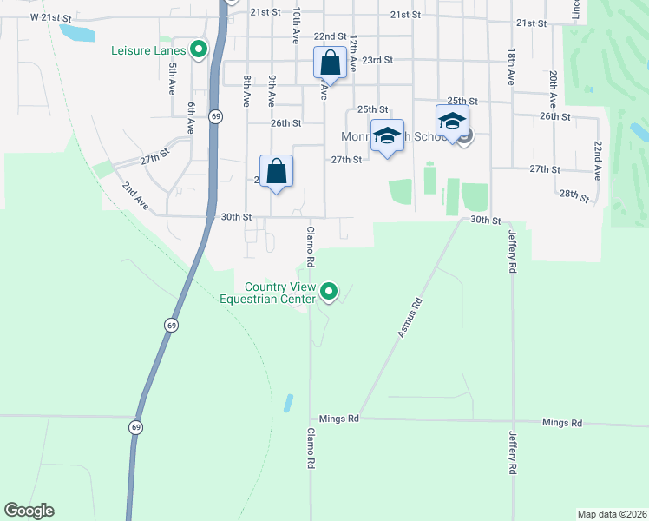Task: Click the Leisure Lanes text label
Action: tap(148, 50)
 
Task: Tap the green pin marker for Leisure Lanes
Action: tap(199, 50)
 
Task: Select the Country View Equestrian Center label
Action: tap(279, 293)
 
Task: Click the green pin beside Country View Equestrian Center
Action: tap(329, 293)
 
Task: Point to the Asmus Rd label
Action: tap(410, 317)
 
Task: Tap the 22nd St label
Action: tap(331, 36)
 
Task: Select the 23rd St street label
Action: tap(377, 60)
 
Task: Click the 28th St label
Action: tap(574, 195)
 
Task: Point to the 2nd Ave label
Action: tap(134, 195)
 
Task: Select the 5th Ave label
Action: tap(173, 78)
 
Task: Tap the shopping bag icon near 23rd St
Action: tap(330, 64)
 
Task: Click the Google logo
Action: tap(29, 511)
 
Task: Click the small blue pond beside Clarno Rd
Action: tap(287, 404)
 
